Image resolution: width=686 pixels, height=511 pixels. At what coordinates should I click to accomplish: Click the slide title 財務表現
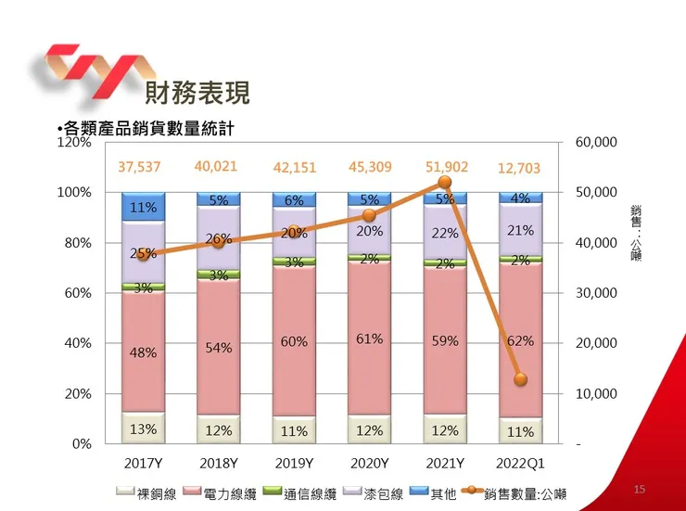coord(197,93)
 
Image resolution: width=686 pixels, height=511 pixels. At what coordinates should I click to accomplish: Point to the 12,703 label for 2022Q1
coord(519,169)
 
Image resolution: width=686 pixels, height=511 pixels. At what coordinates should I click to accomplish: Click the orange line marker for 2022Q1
coord(520,379)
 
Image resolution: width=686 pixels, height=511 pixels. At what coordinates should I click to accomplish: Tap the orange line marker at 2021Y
coord(444,183)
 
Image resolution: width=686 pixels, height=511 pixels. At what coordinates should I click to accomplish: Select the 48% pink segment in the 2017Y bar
coord(143,352)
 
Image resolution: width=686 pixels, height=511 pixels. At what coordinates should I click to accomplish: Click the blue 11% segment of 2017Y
coord(143,208)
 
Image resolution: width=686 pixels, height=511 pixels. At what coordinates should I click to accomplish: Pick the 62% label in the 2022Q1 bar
coord(520,340)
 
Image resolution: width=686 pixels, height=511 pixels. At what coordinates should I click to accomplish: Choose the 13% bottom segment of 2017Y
coord(143,428)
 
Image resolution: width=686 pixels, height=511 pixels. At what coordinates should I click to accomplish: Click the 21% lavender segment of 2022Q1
coord(520,230)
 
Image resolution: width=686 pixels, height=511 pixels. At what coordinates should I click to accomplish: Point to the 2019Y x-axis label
coord(294,463)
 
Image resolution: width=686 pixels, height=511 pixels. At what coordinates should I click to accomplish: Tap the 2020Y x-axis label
coord(369,463)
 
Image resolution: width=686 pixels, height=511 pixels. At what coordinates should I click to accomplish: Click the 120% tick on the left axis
coord(73,143)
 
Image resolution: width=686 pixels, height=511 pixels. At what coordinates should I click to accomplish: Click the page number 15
coord(639,489)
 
